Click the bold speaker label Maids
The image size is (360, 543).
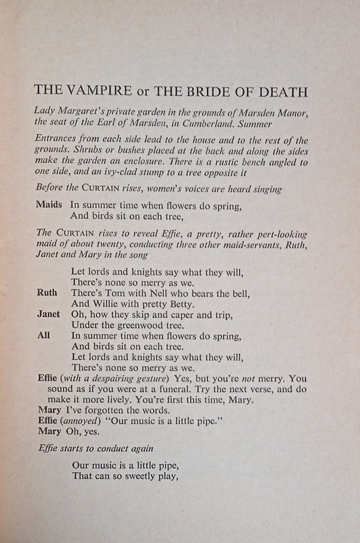[49, 204]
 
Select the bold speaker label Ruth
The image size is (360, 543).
[47, 293]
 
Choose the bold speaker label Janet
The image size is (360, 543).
[49, 314]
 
